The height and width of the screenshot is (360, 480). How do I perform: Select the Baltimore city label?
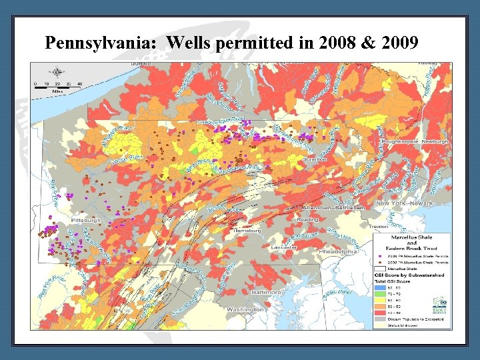tap(267, 292)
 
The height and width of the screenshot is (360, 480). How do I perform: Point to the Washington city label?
tap(245, 309)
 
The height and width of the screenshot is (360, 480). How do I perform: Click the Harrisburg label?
tap(248, 230)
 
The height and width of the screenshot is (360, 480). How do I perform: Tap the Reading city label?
tap(307, 219)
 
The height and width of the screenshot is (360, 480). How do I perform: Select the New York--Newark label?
tap(404, 203)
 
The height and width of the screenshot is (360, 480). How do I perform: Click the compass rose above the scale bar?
tap(57, 72)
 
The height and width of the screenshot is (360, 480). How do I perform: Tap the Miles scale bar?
tap(57, 85)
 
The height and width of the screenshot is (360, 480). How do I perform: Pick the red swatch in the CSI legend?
tap(379, 313)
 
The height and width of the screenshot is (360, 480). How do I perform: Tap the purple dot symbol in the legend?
tap(379, 255)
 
